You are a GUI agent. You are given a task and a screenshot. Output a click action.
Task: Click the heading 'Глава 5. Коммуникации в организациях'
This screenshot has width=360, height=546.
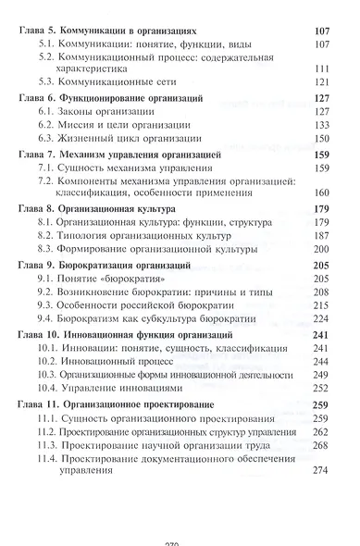tap(116, 30)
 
